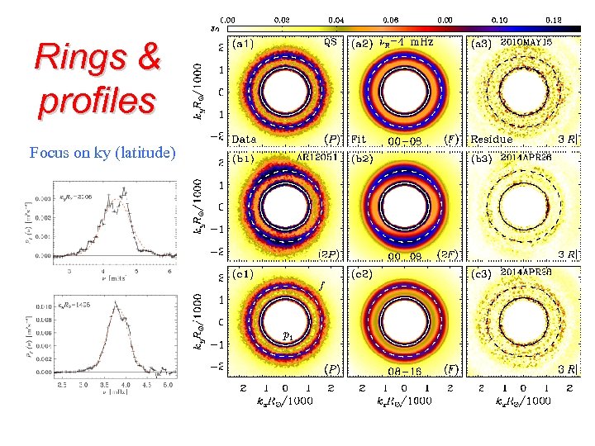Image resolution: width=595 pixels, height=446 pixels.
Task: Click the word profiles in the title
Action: coord(96,100)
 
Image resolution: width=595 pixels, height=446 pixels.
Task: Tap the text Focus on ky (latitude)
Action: coord(102,152)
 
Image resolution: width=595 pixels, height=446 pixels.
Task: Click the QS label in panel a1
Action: coord(330,39)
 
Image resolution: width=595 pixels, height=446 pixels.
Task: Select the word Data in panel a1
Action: coord(245,139)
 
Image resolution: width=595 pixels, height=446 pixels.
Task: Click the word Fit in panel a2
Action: coord(359,139)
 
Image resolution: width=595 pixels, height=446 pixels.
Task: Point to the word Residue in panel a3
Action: coord(492,139)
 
